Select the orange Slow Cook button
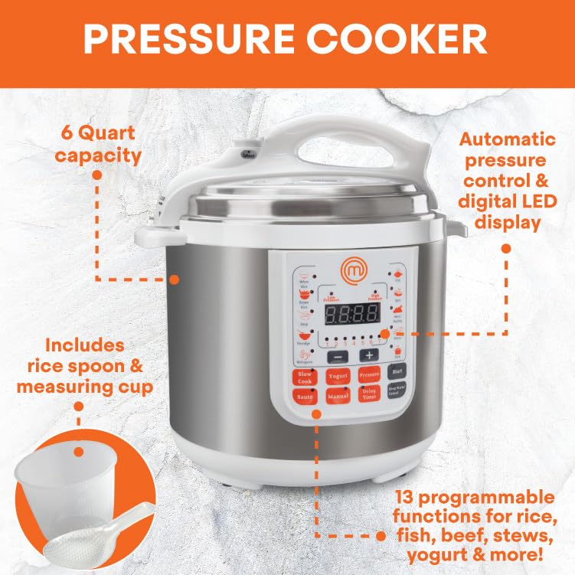click(x=305, y=377)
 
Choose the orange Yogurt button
click(x=338, y=376)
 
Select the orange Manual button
click(x=338, y=397)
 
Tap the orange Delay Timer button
click(x=369, y=394)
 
